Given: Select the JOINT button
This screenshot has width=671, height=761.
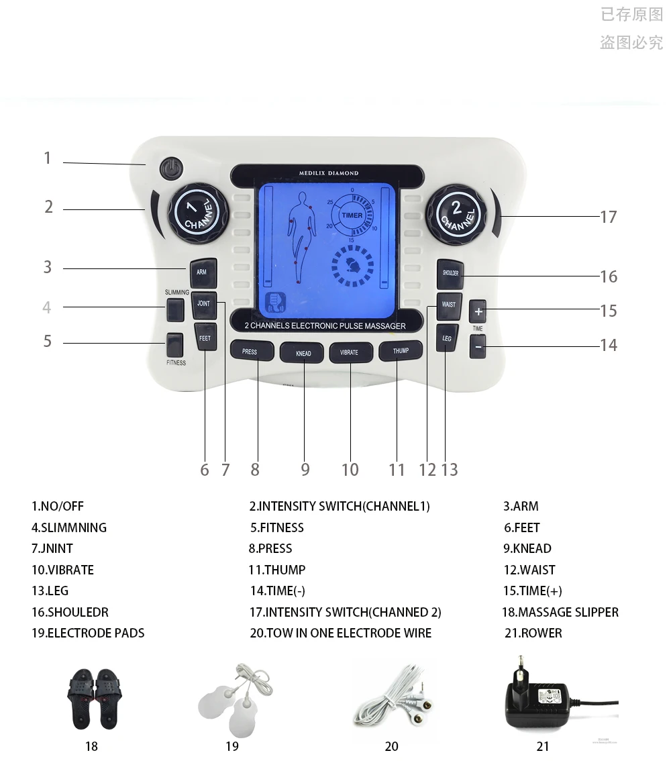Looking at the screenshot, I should [203, 304].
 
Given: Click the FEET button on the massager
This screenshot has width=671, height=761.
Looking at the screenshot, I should [205, 338].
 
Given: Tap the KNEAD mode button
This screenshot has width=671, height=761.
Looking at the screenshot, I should [303, 353].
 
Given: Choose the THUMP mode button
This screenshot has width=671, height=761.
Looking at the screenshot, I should [401, 351].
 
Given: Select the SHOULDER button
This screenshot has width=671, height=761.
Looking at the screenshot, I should [450, 274].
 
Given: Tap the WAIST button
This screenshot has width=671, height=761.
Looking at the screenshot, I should [449, 305].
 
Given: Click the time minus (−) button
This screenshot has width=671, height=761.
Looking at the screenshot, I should [478, 348].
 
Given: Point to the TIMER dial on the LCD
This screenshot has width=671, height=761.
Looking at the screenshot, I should [352, 215].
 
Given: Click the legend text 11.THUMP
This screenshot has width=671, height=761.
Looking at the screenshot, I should [276, 570].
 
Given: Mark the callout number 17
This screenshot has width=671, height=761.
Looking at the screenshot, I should [608, 217].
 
